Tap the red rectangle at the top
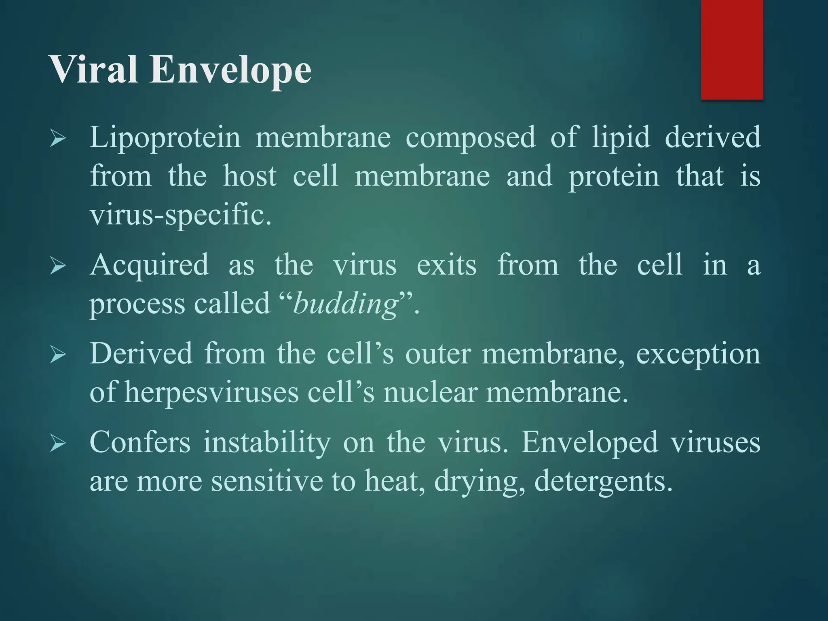click(732, 49)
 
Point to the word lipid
click(621, 137)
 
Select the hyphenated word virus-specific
click(180, 215)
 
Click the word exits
click(446, 265)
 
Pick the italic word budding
click(346, 304)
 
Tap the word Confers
click(140, 442)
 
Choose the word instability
click(267, 442)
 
